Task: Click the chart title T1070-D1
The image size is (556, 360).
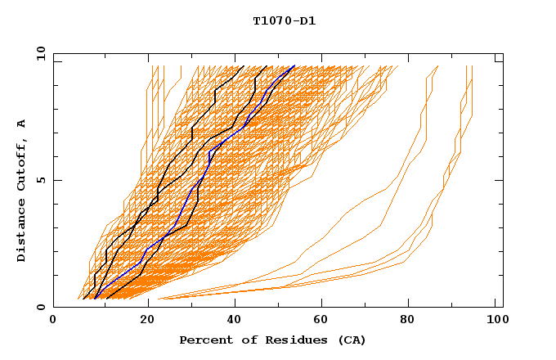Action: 284,20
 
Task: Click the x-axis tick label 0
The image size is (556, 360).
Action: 53,322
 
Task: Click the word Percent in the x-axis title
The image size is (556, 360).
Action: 204,340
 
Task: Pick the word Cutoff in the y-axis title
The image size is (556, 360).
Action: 22,161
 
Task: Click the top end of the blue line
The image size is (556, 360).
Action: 295,66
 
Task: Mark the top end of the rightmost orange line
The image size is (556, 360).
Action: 473,66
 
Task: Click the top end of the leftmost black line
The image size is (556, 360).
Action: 244,66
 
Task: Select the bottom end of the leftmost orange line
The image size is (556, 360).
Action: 78,299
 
